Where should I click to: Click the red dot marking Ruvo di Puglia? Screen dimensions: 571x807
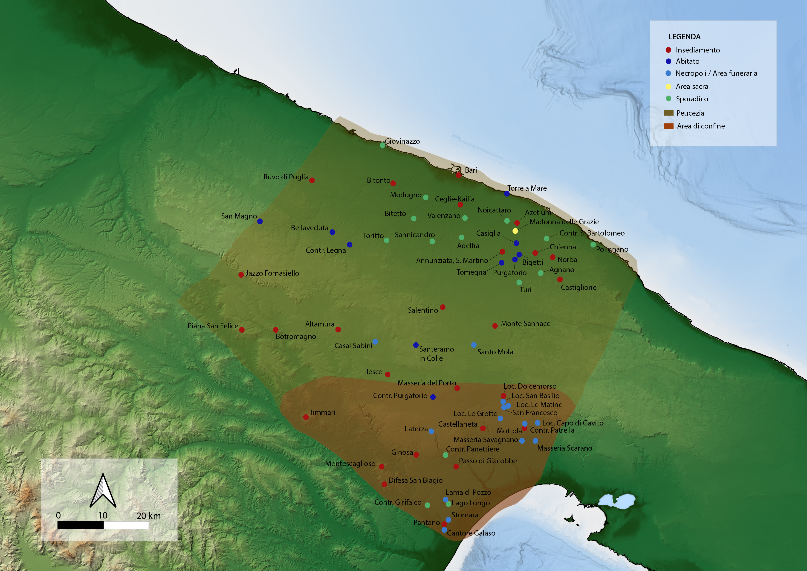(312, 180)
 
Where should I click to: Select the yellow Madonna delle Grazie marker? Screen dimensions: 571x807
(515, 231)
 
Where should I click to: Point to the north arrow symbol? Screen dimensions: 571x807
(103, 490)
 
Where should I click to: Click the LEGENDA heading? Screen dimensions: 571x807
(684, 37)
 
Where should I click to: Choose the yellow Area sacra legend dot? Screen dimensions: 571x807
(668, 87)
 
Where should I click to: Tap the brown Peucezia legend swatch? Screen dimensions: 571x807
(668, 113)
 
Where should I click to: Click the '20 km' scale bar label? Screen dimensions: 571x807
(148, 516)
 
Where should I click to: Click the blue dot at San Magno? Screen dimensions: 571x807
(260, 221)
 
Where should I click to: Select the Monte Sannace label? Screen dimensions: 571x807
(526, 323)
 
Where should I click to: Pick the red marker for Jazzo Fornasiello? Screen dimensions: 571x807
(241, 275)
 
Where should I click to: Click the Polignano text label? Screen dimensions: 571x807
(612, 249)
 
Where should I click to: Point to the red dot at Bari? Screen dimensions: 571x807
(459, 175)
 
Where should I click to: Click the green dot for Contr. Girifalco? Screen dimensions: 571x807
(427, 505)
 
